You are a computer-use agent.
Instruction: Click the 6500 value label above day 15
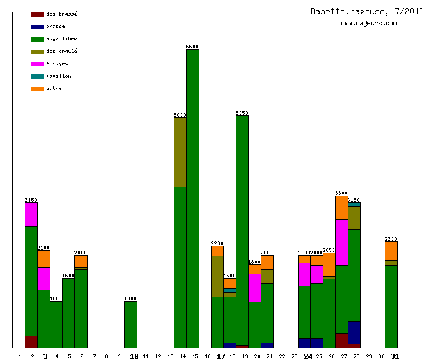[192, 47]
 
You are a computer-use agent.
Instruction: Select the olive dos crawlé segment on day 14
[180, 152]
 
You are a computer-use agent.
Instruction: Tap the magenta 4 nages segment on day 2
[31, 214]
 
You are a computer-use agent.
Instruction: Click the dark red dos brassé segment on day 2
[31, 341]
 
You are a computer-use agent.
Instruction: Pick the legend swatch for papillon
[37, 76]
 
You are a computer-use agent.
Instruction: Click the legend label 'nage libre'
[61, 38]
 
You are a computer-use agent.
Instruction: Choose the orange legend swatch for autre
[37, 89]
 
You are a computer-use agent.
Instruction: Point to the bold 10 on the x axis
[134, 356]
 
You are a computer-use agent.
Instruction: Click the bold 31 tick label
[395, 356]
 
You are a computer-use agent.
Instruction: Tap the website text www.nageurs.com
[369, 24]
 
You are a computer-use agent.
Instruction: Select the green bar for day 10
[130, 324]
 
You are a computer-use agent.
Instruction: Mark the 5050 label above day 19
[242, 113]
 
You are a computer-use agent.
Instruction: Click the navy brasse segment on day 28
[354, 332]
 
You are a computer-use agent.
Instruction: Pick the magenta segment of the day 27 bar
[341, 242]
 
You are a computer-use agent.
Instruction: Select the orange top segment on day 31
[391, 251]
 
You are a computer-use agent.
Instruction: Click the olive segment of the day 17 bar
[217, 276]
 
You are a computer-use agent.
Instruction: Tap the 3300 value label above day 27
[341, 193]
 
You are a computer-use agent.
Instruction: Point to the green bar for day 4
[56, 324]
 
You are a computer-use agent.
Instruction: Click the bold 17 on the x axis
[221, 356]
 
